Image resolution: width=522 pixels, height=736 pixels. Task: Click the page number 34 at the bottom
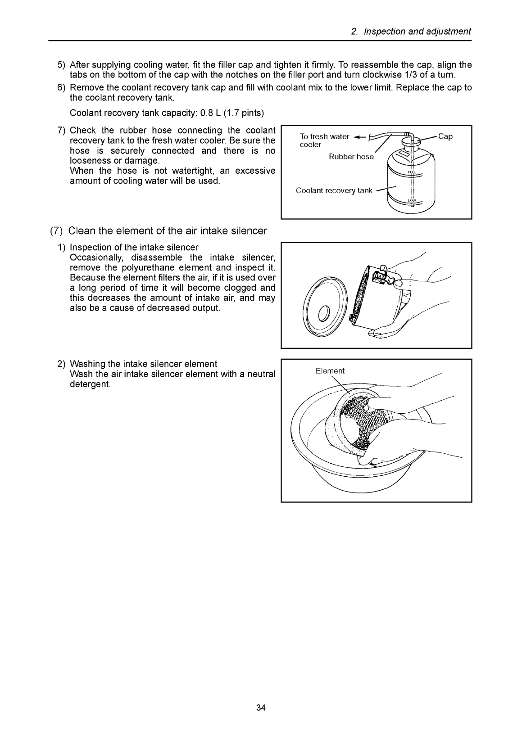tap(261, 708)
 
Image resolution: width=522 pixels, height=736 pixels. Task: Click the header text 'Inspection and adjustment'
tap(417, 32)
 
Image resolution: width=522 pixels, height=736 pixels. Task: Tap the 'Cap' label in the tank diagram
tap(445, 136)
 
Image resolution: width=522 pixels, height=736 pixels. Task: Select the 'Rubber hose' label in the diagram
tap(351, 157)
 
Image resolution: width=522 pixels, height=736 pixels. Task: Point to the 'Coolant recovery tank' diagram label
tap(334, 190)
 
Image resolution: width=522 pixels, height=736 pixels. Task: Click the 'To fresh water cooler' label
tap(324, 140)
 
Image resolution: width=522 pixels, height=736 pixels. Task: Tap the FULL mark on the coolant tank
tap(412, 172)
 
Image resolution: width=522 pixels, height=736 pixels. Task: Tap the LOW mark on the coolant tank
tap(412, 200)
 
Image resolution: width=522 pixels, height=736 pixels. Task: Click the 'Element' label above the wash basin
tap(330, 371)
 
